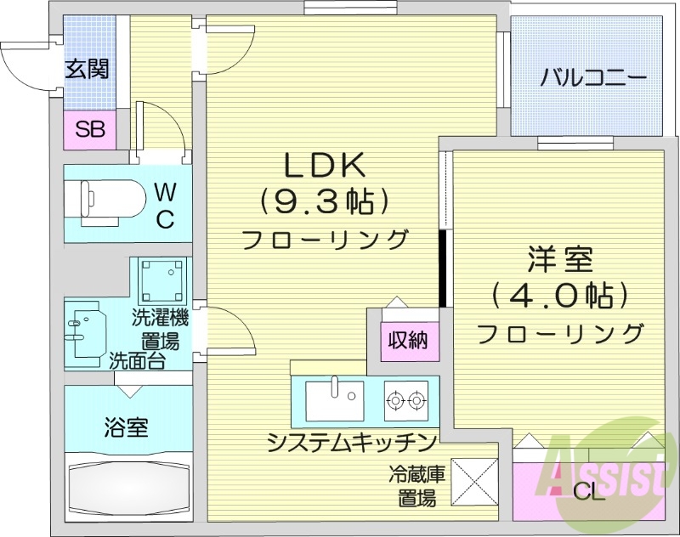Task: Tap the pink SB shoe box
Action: [x=89, y=130]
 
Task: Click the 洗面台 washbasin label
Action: [x=136, y=359]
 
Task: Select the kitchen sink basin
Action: [x=334, y=400]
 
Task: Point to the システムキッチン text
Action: [x=351, y=442]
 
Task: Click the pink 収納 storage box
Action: [x=408, y=342]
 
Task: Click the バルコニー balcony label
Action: [x=594, y=78]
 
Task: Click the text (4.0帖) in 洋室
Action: [x=559, y=295]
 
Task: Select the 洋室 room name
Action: [x=559, y=257]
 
